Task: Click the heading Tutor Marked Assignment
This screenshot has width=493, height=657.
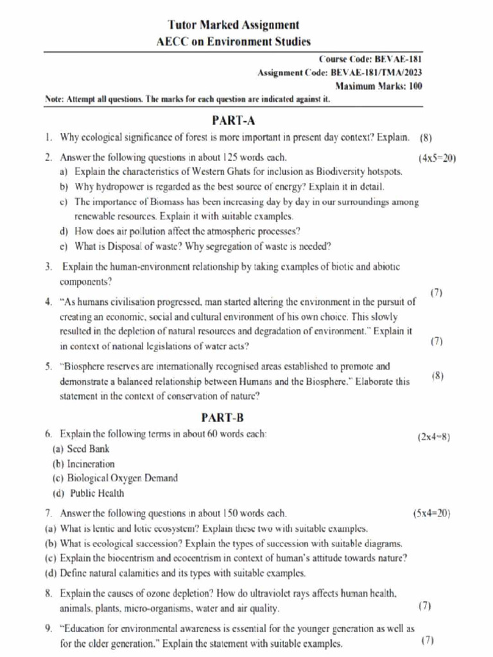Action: tap(233, 25)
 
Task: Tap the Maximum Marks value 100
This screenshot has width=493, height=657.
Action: tap(415, 86)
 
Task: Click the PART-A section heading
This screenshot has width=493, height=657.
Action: tap(234, 120)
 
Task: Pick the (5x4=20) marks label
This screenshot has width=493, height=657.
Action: tap(432, 513)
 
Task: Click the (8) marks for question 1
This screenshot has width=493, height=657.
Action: tap(426, 137)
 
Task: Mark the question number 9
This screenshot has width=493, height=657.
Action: tap(48, 629)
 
